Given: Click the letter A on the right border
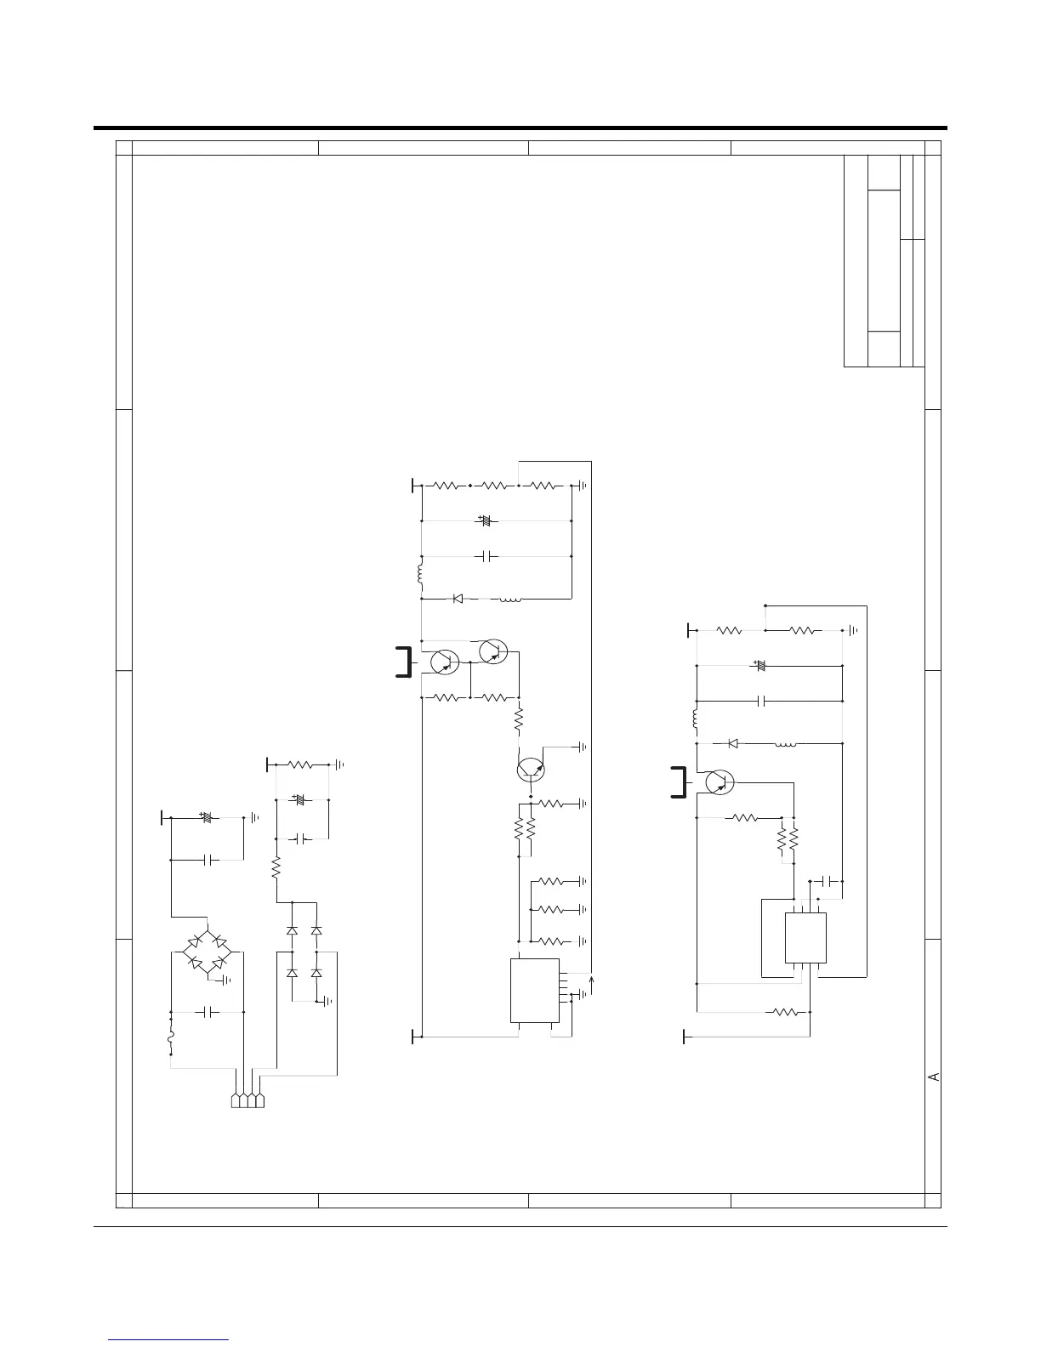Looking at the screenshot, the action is [934, 1077].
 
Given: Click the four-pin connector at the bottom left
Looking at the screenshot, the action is [247, 1100].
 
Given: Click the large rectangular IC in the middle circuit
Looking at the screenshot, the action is [534, 990].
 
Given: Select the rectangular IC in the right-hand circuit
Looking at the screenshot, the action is [805, 937].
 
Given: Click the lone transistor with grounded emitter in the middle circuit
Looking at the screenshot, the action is [531, 770].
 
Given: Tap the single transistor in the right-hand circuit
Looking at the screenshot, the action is [720, 782].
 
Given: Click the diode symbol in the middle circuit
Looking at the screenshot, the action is [458, 598].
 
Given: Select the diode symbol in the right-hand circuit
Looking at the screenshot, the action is [733, 743].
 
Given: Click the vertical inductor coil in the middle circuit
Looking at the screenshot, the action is [420, 574].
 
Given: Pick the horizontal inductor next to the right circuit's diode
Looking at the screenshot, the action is [786, 743].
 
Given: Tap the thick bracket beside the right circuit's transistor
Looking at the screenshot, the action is [680, 782].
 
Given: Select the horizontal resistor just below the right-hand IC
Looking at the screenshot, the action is [785, 1012].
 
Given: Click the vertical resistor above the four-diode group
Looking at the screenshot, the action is [276, 867].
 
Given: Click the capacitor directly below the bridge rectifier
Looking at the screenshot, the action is [207, 1012].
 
